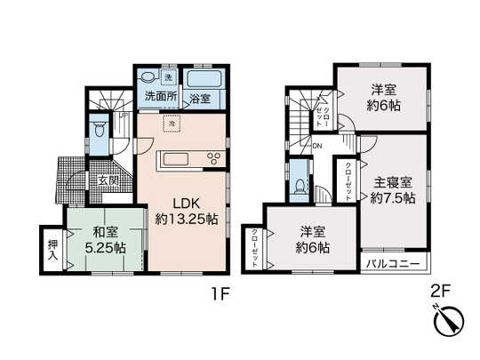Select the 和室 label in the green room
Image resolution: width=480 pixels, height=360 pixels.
(103, 235)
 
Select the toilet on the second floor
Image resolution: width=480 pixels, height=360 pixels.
(300, 186)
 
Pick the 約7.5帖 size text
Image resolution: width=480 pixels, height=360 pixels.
(392, 199)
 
